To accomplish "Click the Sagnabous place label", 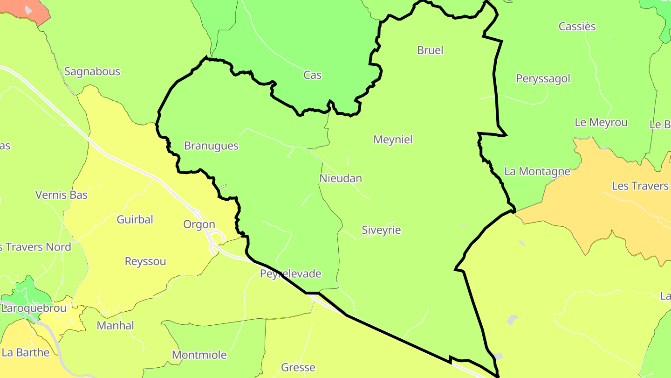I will (x=92, y=72).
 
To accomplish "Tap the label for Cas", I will (x=312, y=75).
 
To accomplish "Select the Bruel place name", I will (x=430, y=50).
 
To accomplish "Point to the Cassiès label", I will (x=577, y=27).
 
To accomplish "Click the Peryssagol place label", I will (x=543, y=78).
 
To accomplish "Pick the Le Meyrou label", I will (x=601, y=123).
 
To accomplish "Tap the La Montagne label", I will (x=537, y=172).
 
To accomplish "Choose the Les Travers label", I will (x=640, y=186).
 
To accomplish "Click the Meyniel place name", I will (x=393, y=140).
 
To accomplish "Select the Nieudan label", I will (x=341, y=178).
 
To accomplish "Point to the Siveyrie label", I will (x=381, y=230).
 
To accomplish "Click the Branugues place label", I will (x=211, y=146).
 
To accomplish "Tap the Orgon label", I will (x=199, y=224).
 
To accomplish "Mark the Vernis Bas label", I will (x=62, y=195).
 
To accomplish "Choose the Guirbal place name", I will (x=135, y=219).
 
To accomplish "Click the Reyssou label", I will (x=145, y=261).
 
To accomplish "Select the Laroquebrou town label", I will (x=34, y=308).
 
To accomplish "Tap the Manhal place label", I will (x=115, y=326).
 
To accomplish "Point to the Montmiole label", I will (x=199, y=355).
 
